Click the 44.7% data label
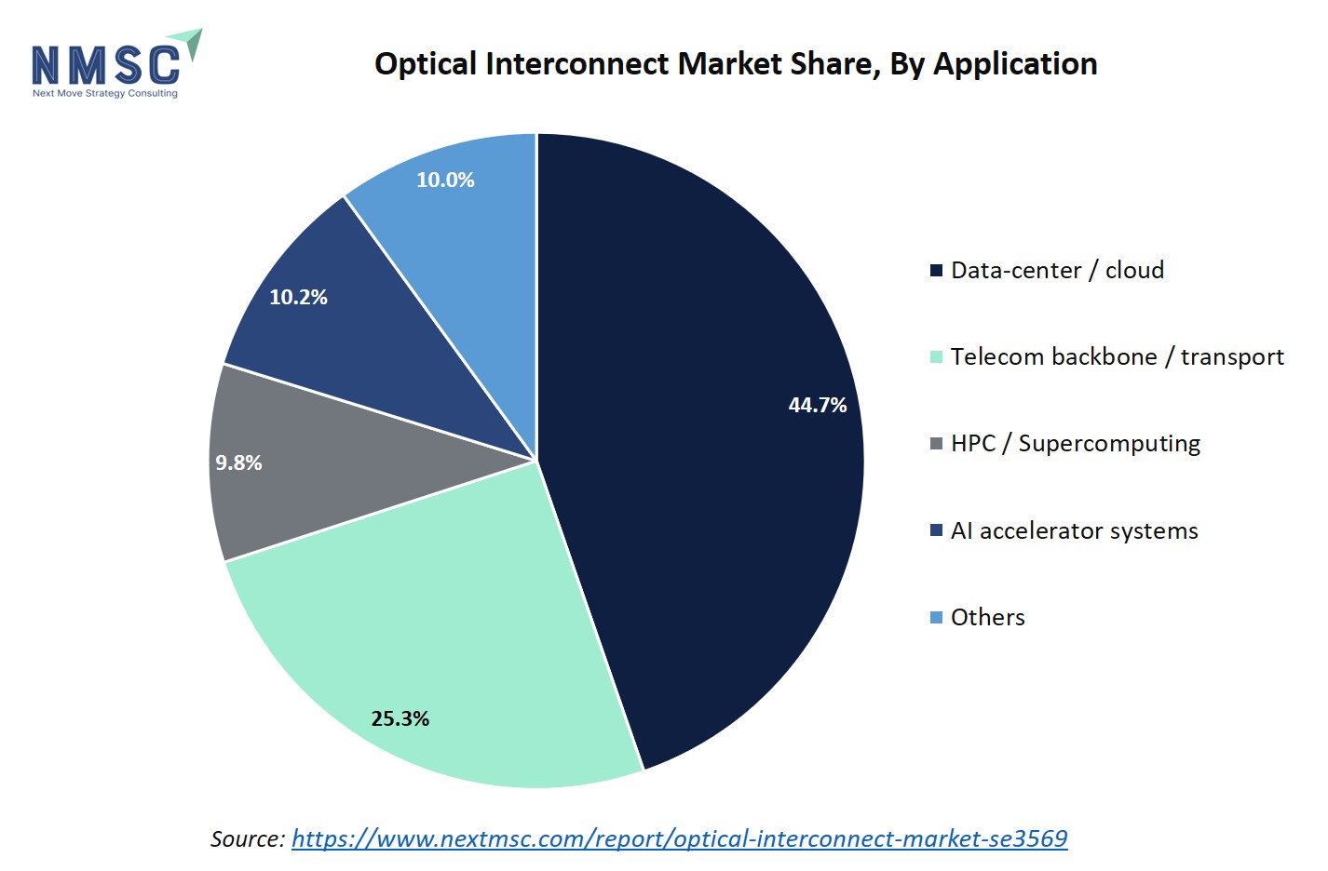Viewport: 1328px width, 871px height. click(x=817, y=405)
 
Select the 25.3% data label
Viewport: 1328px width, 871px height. click(x=400, y=718)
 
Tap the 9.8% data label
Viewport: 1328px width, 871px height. click(x=238, y=462)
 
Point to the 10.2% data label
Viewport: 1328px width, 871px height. click(x=298, y=297)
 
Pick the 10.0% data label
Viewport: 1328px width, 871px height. click(x=445, y=180)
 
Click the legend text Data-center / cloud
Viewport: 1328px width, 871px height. click(x=1057, y=270)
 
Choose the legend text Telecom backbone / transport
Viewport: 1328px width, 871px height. click(x=1117, y=356)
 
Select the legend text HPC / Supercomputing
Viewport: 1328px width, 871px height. click(x=1075, y=443)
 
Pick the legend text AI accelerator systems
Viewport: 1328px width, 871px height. click(x=1074, y=530)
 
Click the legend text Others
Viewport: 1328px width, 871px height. click(x=987, y=617)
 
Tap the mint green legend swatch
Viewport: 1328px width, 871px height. click(x=936, y=357)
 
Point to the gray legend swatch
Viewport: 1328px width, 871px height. click(x=936, y=444)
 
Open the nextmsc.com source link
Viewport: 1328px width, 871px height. click(x=679, y=838)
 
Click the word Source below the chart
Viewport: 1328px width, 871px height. click(x=247, y=838)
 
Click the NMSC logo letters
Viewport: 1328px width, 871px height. click(x=105, y=64)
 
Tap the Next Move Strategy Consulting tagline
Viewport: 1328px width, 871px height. click(x=104, y=93)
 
